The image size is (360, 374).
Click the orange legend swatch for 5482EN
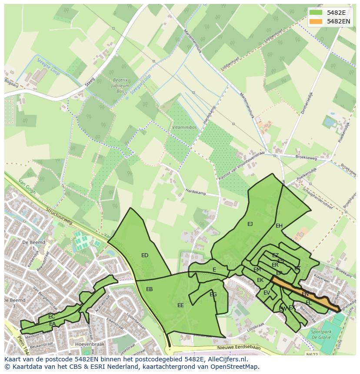(316, 21)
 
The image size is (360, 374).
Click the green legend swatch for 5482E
(316, 12)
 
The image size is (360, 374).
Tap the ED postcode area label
(145, 255)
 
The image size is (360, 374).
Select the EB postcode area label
(149, 289)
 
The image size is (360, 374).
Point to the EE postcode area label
(180, 305)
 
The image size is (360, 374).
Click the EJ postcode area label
(250, 224)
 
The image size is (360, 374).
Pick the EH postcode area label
(279, 226)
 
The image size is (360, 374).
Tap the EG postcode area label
(213, 295)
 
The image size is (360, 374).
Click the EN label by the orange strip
(305, 294)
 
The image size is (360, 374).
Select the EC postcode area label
(52, 317)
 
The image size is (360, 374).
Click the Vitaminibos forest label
(184, 129)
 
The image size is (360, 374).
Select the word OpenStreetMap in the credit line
(235, 367)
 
